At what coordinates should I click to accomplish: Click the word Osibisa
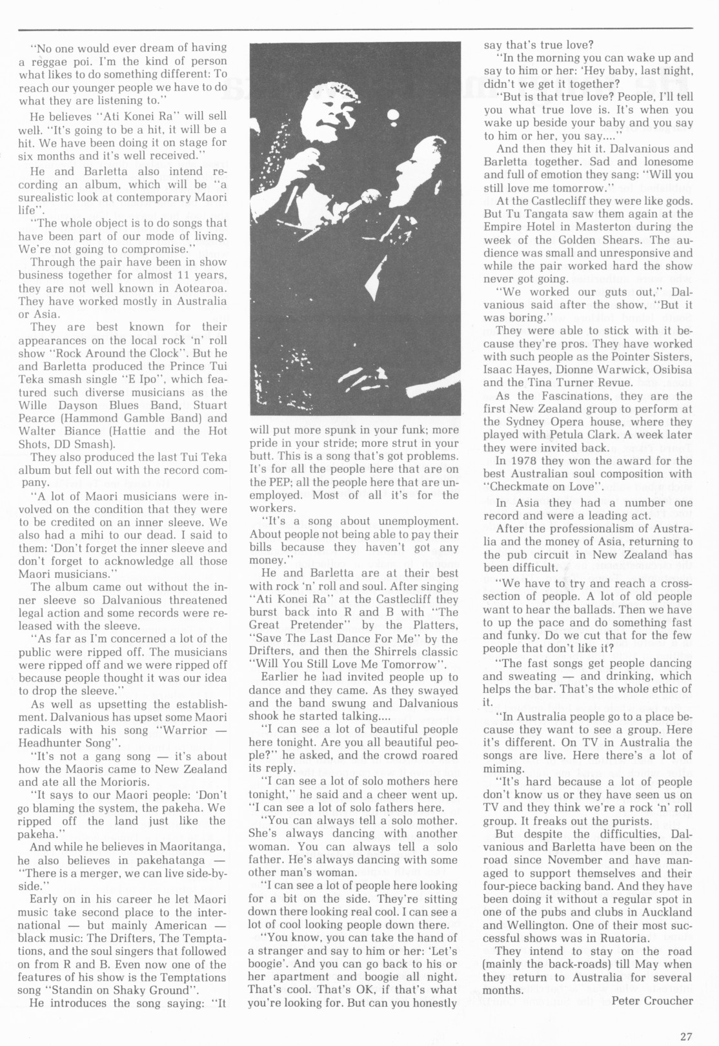tap(669, 369)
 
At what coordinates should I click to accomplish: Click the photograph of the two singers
tap(356, 230)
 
